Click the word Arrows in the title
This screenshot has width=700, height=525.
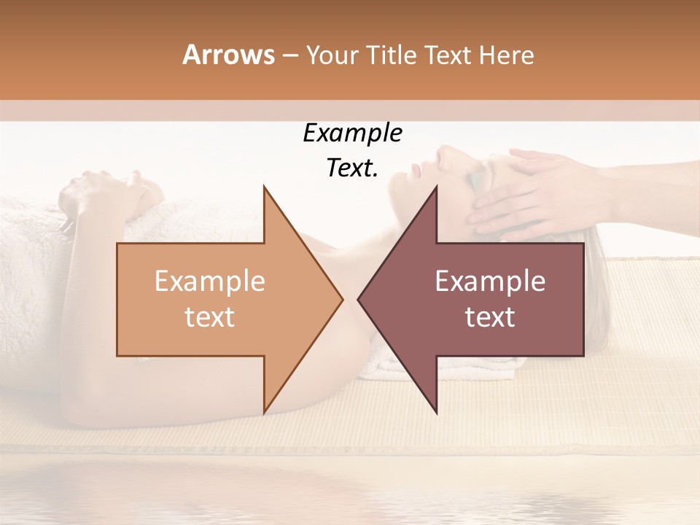[228, 55]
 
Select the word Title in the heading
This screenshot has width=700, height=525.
[392, 55]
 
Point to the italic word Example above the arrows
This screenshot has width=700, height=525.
[352, 133]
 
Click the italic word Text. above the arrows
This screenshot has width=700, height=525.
[352, 168]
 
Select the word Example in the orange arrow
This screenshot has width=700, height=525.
[209, 281]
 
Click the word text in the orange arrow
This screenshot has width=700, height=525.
[209, 317]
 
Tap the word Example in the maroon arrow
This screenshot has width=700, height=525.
[490, 281]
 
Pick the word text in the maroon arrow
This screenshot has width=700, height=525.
[490, 317]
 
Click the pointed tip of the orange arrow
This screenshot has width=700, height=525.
[342, 300]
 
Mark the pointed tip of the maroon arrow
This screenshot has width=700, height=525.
[358, 300]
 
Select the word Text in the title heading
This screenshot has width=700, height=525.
[448, 55]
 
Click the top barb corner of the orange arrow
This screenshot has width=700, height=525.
[264, 187]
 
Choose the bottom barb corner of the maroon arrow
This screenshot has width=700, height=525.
[437, 413]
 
